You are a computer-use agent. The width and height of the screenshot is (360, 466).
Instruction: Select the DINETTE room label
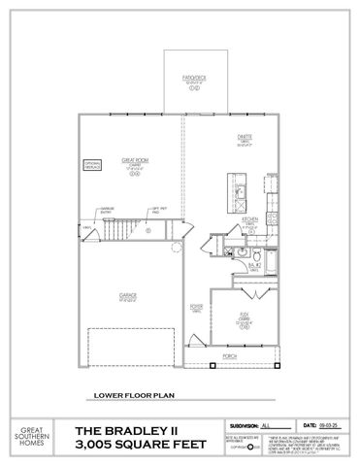[x=245, y=136]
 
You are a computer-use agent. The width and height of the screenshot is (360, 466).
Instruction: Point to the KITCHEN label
[x=248, y=218]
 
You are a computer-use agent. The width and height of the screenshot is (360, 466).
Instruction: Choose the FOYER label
[x=196, y=307]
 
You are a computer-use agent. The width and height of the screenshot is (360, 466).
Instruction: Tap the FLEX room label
[x=246, y=314]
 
